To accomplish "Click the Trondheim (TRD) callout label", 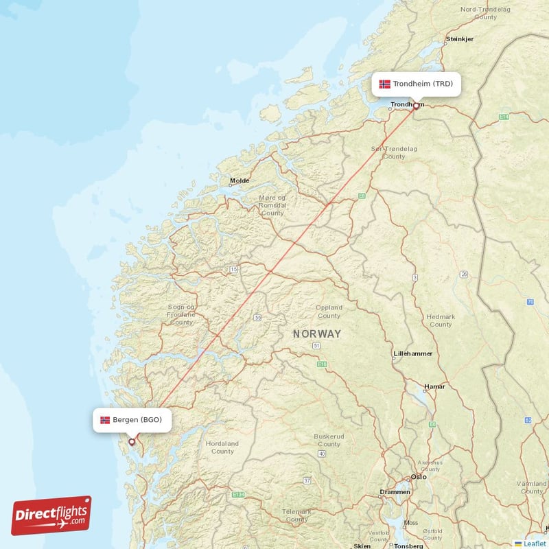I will [x=416, y=84].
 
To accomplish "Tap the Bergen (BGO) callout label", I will [x=132, y=419].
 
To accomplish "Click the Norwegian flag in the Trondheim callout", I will [x=384, y=84].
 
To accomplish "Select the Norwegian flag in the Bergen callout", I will [x=105, y=419].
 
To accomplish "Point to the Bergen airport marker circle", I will [x=132, y=442].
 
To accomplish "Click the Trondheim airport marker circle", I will [x=416, y=106].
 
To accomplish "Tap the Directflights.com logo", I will [x=51, y=515].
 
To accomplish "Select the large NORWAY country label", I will [x=316, y=334].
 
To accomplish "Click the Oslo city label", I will [x=419, y=477].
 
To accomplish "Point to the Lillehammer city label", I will [x=412, y=354].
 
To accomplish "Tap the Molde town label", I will [x=240, y=181].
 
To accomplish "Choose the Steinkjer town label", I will [x=459, y=39].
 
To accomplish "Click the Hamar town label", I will [x=434, y=386].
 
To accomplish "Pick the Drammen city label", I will [x=395, y=492].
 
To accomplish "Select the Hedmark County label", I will [x=441, y=320].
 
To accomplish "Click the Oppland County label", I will [x=329, y=312].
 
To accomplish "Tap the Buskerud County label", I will [x=329, y=440].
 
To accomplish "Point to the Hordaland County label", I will [x=222, y=447].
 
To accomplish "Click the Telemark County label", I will [x=296, y=515].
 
